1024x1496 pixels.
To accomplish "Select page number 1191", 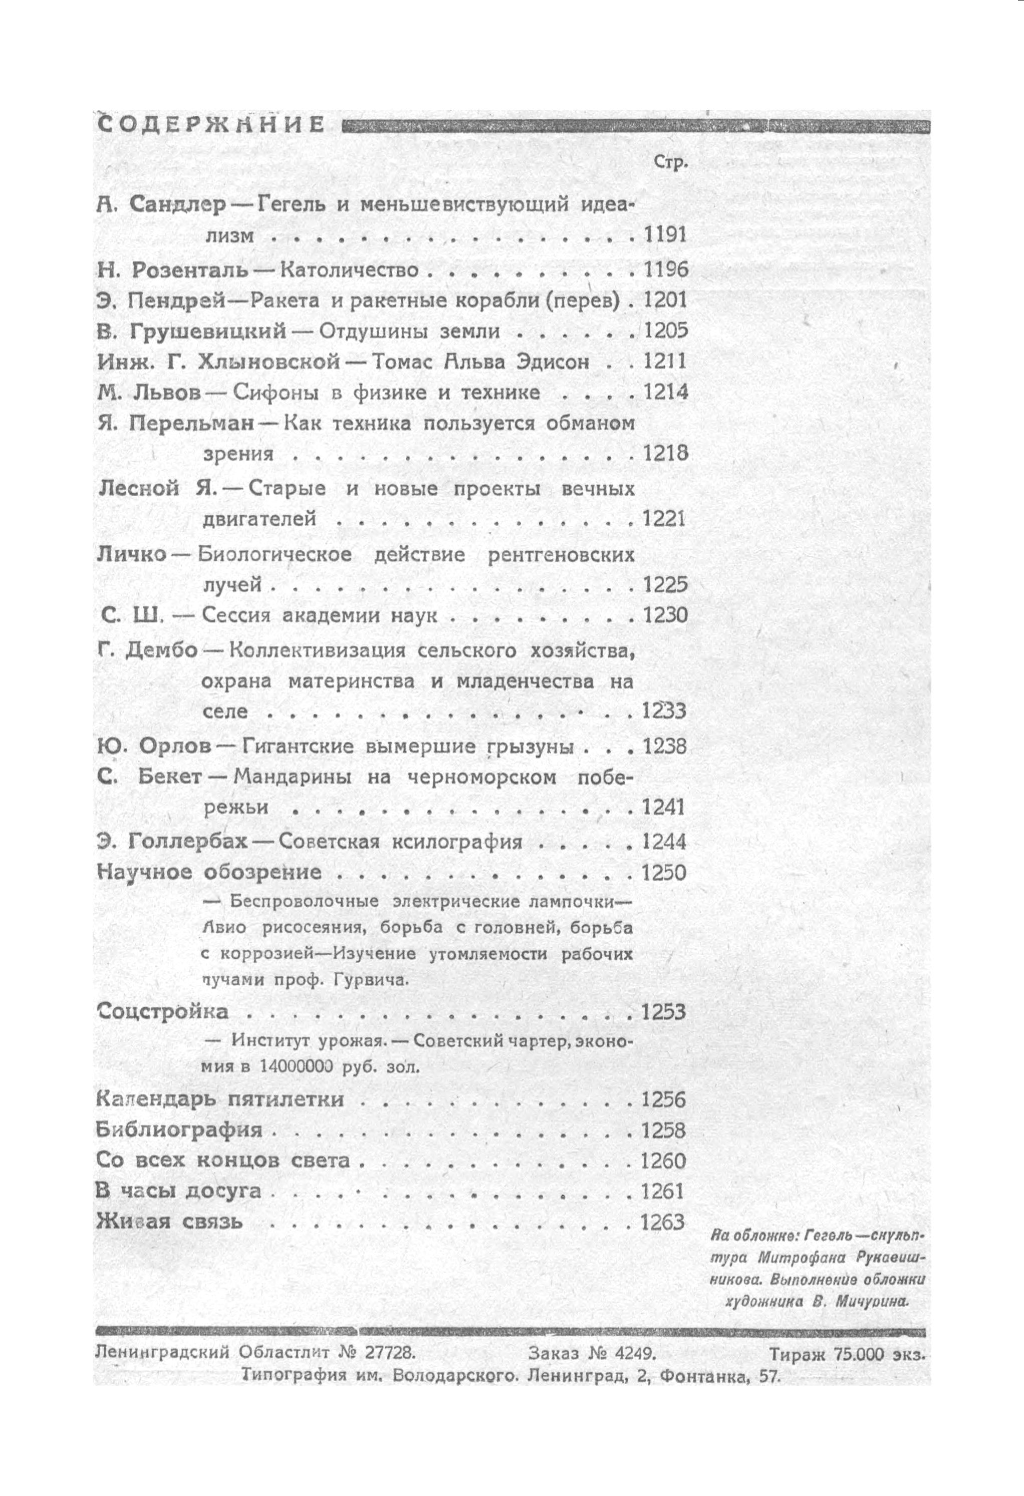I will tap(665, 235).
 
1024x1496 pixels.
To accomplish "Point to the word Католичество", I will tap(350, 270).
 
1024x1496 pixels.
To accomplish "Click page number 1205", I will tap(665, 331).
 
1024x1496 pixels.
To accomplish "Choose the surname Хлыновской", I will tap(269, 362).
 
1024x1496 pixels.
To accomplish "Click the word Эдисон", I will tap(552, 362).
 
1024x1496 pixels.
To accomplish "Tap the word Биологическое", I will tap(275, 554).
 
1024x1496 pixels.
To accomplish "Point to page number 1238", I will tap(664, 747).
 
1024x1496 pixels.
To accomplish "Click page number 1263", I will tap(662, 1222).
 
